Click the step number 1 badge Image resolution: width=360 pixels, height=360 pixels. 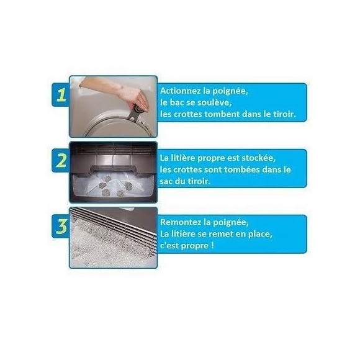(61, 95)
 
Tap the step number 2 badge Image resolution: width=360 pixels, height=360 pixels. (61, 160)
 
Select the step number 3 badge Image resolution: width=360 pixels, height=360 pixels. (61, 226)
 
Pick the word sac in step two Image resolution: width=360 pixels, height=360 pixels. (166, 181)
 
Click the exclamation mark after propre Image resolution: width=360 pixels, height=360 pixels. (212, 246)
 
